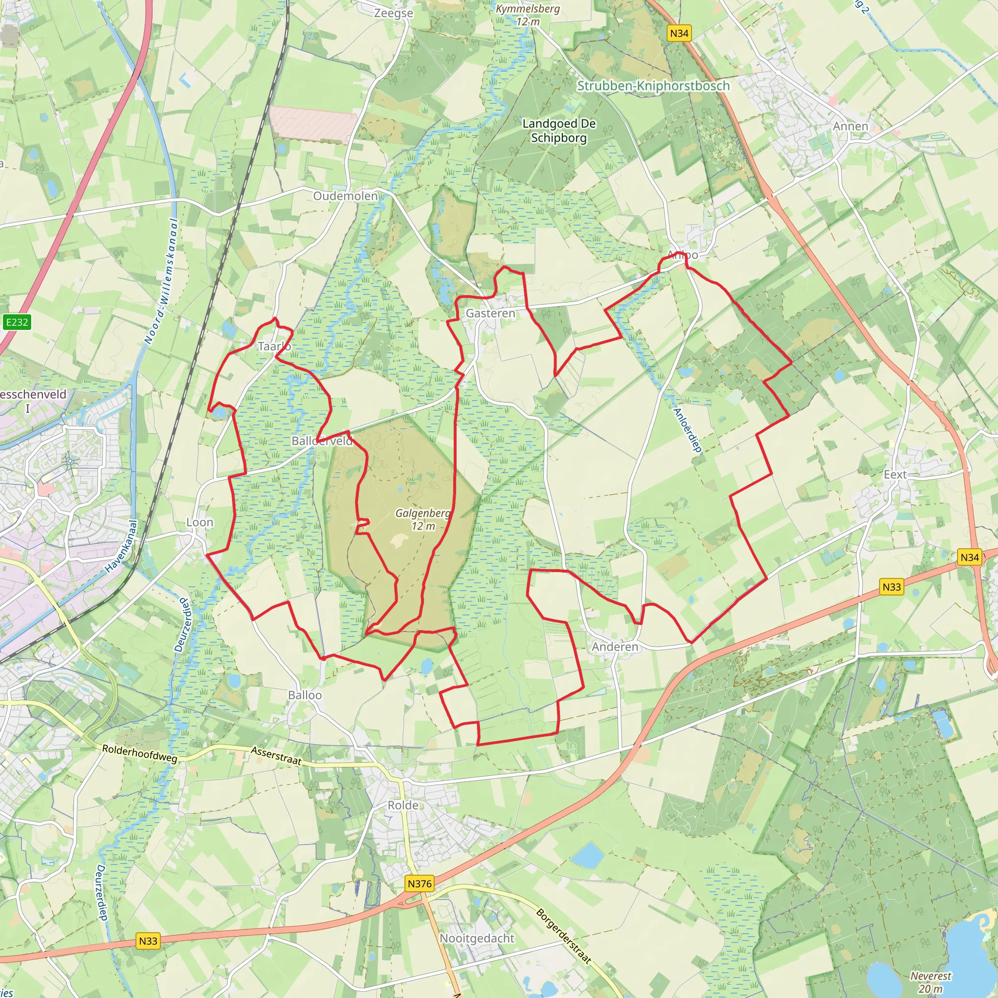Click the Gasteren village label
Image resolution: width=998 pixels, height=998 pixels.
point(490,313)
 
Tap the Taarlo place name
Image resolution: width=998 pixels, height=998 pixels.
point(274,346)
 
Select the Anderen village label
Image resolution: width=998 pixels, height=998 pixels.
point(614,647)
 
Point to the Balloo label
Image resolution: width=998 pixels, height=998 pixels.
point(305,695)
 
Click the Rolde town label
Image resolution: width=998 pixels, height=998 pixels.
point(403,806)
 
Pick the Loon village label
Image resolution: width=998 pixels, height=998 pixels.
point(199,522)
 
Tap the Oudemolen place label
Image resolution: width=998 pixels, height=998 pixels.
point(345,196)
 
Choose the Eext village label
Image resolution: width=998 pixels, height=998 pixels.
point(895,475)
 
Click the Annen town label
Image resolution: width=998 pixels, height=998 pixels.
point(850,126)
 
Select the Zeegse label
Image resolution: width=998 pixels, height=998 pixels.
point(394,13)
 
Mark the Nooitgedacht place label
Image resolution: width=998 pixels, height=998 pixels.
point(477,939)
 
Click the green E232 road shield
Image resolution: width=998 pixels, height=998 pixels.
point(17,322)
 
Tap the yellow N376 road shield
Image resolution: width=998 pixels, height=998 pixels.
point(420,884)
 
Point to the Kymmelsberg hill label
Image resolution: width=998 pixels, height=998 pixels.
point(527,15)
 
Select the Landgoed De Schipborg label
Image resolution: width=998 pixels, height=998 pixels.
point(559,131)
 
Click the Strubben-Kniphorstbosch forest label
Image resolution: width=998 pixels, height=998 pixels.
point(653,86)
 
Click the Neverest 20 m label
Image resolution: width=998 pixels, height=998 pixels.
point(930,982)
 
